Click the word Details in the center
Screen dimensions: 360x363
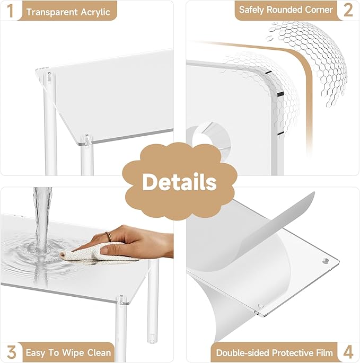[x=180, y=182]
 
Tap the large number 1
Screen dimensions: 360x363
[x=10, y=11]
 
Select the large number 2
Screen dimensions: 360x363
[x=348, y=10]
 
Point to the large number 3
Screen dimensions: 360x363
[x=11, y=352]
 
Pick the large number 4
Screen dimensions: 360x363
[x=348, y=352]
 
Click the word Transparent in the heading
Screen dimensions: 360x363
[x=51, y=12]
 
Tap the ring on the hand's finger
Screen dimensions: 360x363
[x=109, y=236]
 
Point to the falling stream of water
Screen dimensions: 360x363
[x=42, y=220]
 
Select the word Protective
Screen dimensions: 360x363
[x=292, y=353]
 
